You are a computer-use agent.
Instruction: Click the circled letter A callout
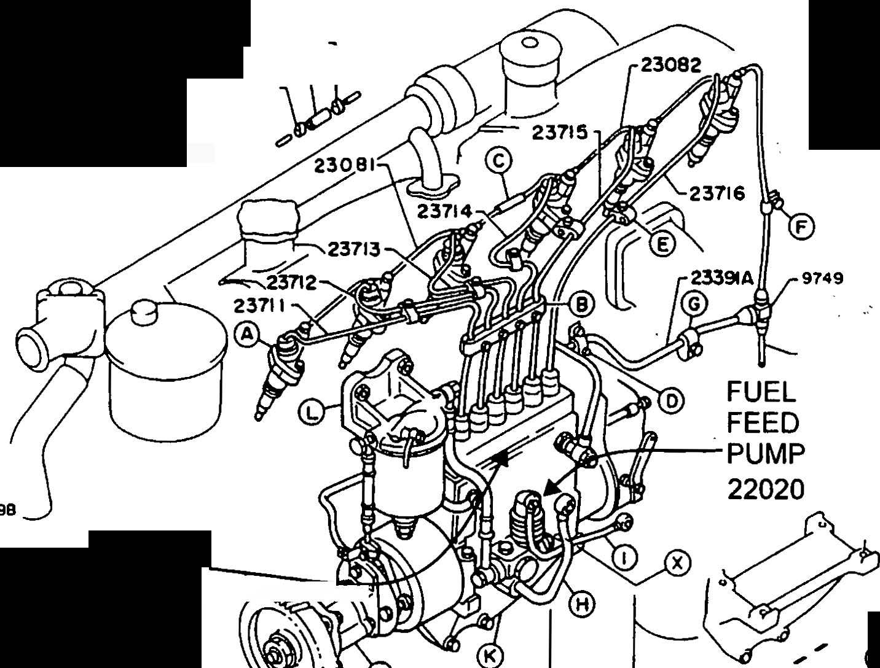click(247, 334)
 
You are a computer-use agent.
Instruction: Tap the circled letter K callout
click(489, 656)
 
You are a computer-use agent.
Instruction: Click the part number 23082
click(670, 64)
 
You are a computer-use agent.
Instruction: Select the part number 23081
click(345, 164)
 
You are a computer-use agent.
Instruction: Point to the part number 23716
click(717, 193)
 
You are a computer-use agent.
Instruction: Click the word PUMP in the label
click(765, 454)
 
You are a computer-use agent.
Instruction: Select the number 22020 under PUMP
click(766, 489)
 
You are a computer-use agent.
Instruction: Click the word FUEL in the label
click(761, 390)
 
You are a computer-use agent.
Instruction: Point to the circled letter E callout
click(662, 244)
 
